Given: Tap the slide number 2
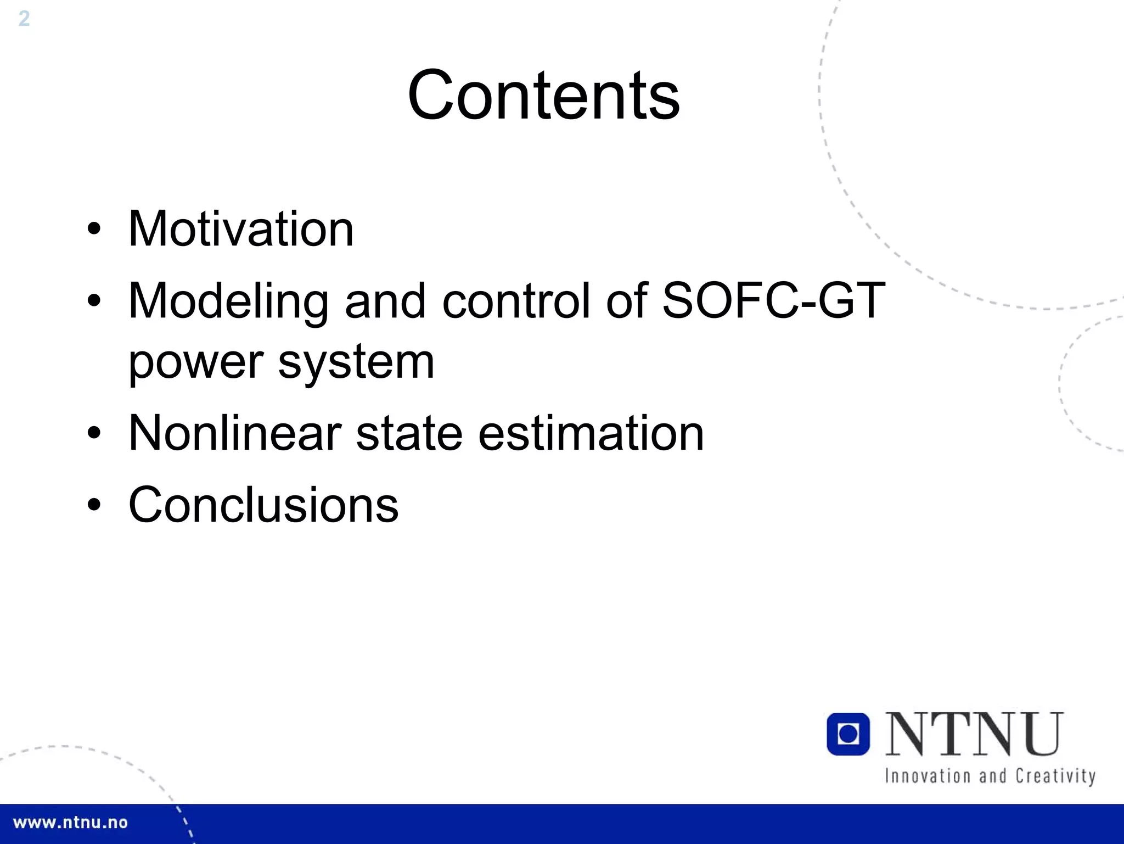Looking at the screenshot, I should click(x=24, y=19).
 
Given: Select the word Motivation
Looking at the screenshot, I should click(x=241, y=229).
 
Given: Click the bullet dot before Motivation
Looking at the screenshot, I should click(x=94, y=229).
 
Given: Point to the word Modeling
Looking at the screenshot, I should click(x=228, y=301).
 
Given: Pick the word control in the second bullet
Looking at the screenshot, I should click(x=516, y=301).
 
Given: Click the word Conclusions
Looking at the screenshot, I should click(x=263, y=505).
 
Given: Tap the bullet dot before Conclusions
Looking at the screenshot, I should click(x=94, y=505).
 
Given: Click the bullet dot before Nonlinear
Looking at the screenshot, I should click(x=94, y=433).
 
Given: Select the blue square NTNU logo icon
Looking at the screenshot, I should click(x=848, y=734).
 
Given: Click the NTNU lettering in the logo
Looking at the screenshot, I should click(x=974, y=734).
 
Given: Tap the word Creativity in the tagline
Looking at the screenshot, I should click(x=1055, y=776).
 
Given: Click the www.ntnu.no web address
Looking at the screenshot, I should click(x=70, y=823).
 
